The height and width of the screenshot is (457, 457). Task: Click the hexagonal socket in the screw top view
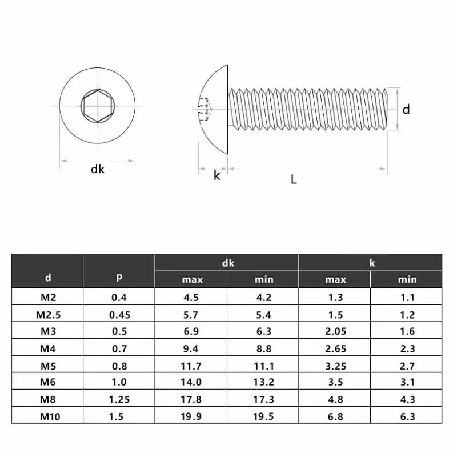click(x=98, y=106)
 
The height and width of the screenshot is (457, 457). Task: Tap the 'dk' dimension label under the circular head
click(x=98, y=169)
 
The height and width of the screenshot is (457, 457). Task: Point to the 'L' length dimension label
click(x=294, y=179)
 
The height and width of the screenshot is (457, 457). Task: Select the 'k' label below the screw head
click(x=217, y=175)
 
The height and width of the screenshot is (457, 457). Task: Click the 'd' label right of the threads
click(x=406, y=109)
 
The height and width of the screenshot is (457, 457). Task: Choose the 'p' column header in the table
click(x=119, y=277)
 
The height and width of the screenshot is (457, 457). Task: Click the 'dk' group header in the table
click(x=227, y=263)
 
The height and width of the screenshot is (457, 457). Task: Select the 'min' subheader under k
click(x=407, y=279)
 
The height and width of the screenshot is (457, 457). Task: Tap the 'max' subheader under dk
click(x=192, y=279)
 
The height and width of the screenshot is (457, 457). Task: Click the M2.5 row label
click(x=48, y=314)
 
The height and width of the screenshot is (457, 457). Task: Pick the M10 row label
click(x=48, y=416)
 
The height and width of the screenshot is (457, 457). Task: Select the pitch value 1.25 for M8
click(x=119, y=399)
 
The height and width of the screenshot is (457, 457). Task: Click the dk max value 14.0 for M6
click(x=192, y=382)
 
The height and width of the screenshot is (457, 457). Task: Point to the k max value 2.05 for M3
click(x=335, y=331)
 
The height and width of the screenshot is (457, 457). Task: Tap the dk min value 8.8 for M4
click(x=263, y=348)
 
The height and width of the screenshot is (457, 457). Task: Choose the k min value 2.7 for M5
click(x=407, y=366)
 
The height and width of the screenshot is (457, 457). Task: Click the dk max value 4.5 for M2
click(x=192, y=297)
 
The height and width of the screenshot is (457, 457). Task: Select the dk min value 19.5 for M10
click(x=263, y=416)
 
